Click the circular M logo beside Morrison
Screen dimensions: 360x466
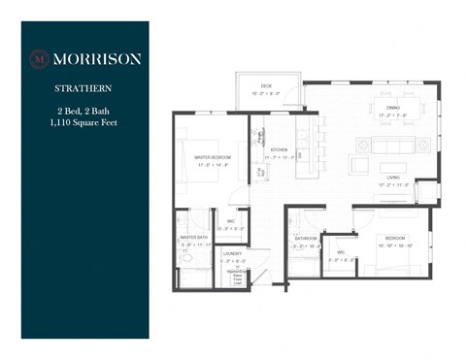click(x=40, y=57)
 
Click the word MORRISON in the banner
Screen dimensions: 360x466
click(x=96, y=58)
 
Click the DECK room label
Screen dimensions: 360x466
click(x=266, y=89)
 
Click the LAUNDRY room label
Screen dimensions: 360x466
click(x=235, y=254)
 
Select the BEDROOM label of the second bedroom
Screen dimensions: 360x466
click(x=394, y=238)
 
